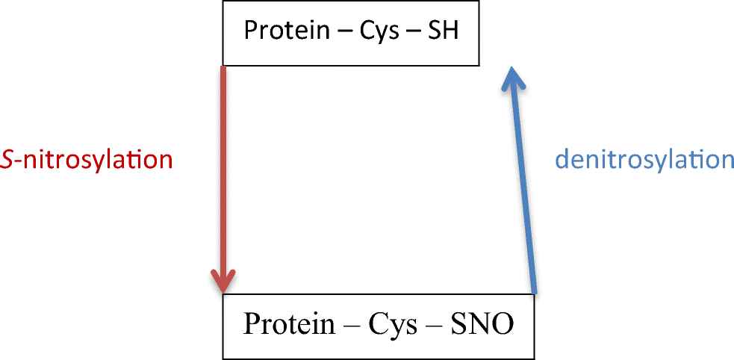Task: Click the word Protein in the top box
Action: pyautogui.click(x=287, y=31)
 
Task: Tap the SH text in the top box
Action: pyautogui.click(x=441, y=31)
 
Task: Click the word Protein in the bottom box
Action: pyautogui.click(x=289, y=323)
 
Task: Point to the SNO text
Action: pyautogui.click(x=482, y=324)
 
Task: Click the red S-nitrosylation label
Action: pyautogui.click(x=87, y=160)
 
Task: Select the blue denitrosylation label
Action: pyautogui.click(x=644, y=160)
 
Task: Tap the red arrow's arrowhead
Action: pyautogui.click(x=223, y=281)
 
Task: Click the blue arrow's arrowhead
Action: pyautogui.click(x=513, y=78)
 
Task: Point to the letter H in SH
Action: pyautogui.click(x=450, y=31)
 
